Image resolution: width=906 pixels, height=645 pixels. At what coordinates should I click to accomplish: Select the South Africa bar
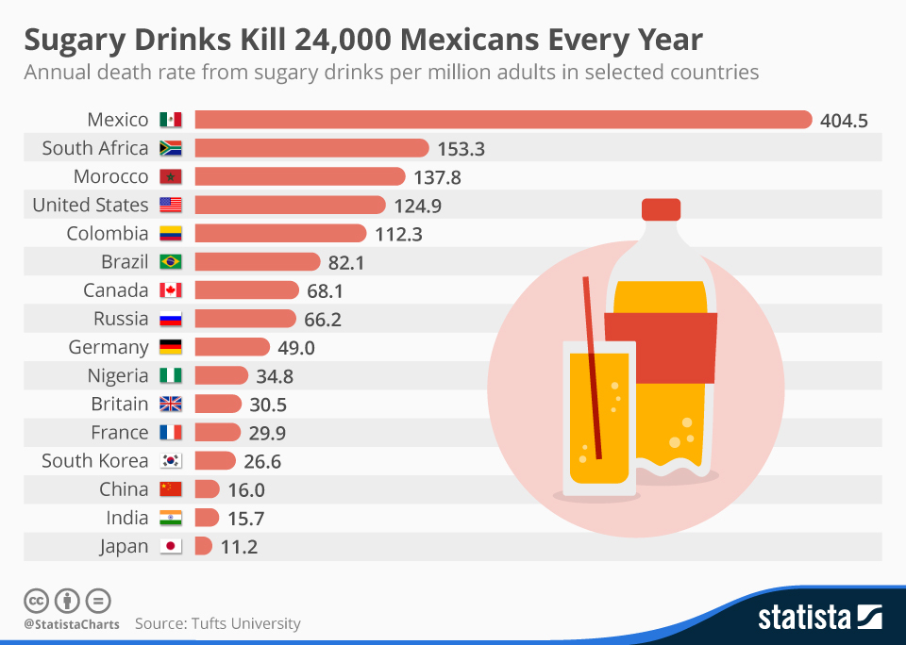click(x=311, y=148)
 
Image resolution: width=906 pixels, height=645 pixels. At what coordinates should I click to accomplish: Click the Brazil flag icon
click(x=171, y=262)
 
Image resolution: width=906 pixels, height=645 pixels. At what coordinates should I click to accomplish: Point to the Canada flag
click(x=171, y=290)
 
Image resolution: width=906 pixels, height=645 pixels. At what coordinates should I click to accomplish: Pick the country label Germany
click(x=109, y=347)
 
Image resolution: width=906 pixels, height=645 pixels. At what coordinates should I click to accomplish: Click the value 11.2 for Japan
click(x=239, y=547)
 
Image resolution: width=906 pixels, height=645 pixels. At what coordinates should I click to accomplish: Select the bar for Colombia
click(x=280, y=234)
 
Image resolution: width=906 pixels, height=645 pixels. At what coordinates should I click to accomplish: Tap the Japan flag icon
click(x=171, y=546)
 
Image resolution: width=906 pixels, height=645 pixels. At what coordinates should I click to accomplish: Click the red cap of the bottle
click(x=661, y=209)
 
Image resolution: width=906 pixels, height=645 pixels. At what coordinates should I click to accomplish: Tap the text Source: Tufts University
click(x=217, y=623)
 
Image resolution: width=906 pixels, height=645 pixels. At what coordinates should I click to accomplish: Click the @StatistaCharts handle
click(x=72, y=624)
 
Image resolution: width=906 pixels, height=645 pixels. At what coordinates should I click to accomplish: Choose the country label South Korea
click(x=95, y=461)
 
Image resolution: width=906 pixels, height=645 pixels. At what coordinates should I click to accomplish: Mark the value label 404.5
click(x=844, y=121)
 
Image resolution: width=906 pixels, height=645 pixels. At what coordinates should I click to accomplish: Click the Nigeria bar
click(x=221, y=375)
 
